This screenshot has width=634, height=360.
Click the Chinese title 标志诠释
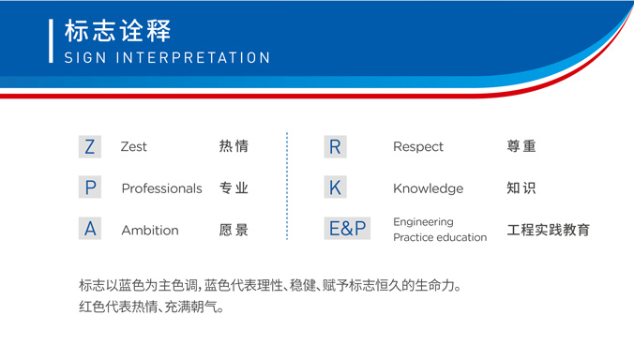(118, 30)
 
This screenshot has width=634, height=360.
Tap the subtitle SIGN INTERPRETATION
(167, 58)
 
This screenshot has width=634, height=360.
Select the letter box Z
(90, 146)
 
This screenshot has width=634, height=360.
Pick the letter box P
(90, 187)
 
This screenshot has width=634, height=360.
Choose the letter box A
(90, 229)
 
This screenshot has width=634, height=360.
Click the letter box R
(335, 146)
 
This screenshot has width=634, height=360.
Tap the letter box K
(335, 187)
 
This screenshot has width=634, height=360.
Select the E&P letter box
(347, 229)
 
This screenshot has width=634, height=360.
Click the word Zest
(134, 147)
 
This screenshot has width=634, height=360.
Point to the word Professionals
(161, 188)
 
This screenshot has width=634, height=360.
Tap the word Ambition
(149, 230)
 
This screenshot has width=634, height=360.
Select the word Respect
(418, 147)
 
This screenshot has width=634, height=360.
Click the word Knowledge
(428, 188)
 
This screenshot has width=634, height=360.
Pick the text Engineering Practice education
(440, 230)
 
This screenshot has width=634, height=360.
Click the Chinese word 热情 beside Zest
(234, 146)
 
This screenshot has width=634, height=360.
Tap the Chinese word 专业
(234, 187)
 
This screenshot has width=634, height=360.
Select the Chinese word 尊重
(521, 146)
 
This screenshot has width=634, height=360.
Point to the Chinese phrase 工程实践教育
(549, 230)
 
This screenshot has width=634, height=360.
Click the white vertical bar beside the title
(51, 40)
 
